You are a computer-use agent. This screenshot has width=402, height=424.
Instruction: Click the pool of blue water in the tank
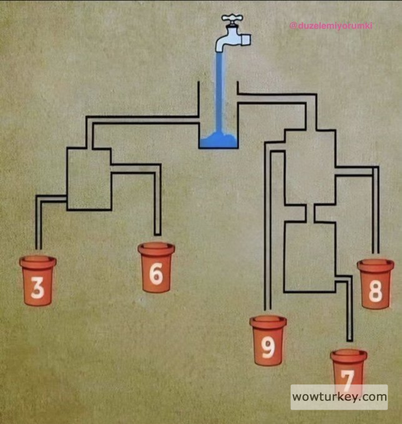(218, 140)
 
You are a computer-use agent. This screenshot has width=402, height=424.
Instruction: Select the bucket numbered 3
(37, 280)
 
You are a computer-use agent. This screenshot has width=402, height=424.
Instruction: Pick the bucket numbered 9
(268, 340)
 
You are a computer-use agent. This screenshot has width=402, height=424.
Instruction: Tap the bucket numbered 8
(375, 284)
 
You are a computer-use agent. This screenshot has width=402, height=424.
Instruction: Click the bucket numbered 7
(348, 371)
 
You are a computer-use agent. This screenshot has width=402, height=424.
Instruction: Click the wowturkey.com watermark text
(339, 397)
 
